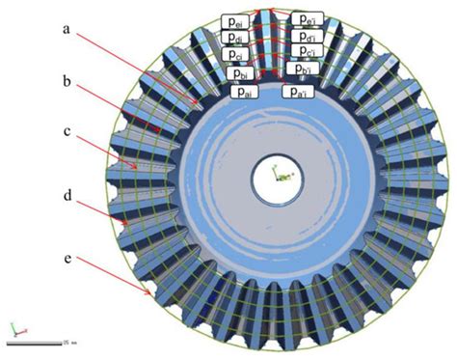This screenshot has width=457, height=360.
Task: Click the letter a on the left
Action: tap(67, 30)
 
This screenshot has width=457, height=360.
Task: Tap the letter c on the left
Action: tap(67, 141)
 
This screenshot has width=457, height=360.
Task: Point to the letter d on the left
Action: tap(67, 197)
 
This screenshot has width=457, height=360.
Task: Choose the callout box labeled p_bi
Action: tap(240, 72)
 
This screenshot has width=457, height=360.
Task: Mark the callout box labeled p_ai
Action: tap(243, 91)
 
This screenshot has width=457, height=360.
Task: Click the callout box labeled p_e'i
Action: tap(308, 19)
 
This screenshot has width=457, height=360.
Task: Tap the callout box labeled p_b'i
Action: tap(300, 72)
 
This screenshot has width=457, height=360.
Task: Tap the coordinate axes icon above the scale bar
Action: tap(13, 328)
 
